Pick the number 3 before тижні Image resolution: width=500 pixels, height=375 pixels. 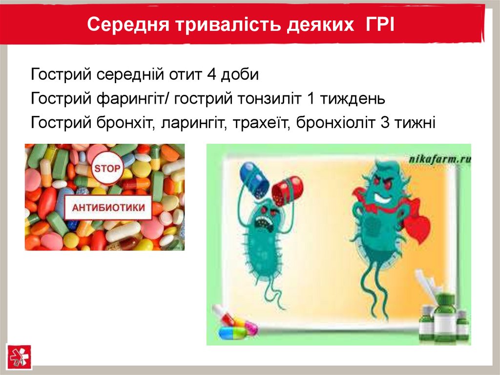384,122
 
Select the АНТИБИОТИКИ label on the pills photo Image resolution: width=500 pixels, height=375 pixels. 108,207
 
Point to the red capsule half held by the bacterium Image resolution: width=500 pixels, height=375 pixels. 288,191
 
